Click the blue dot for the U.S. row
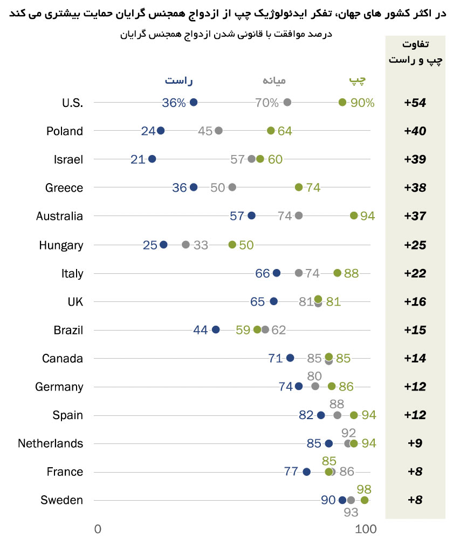click(194, 102)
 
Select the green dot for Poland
click(271, 130)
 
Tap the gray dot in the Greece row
click(232, 187)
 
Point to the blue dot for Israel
click(152, 159)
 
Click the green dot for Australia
click(354, 216)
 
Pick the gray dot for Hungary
click(186, 244)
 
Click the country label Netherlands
click(51, 443)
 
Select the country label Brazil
click(68, 329)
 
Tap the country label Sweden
click(62, 500)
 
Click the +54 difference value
click(415, 103)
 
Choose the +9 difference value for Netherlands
click(415, 443)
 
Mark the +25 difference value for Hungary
click(415, 245)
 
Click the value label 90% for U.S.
click(362, 103)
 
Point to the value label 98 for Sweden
click(364, 489)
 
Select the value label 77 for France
click(291, 472)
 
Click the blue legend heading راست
click(179, 81)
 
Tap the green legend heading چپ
click(356, 81)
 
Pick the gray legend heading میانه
click(274, 81)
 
